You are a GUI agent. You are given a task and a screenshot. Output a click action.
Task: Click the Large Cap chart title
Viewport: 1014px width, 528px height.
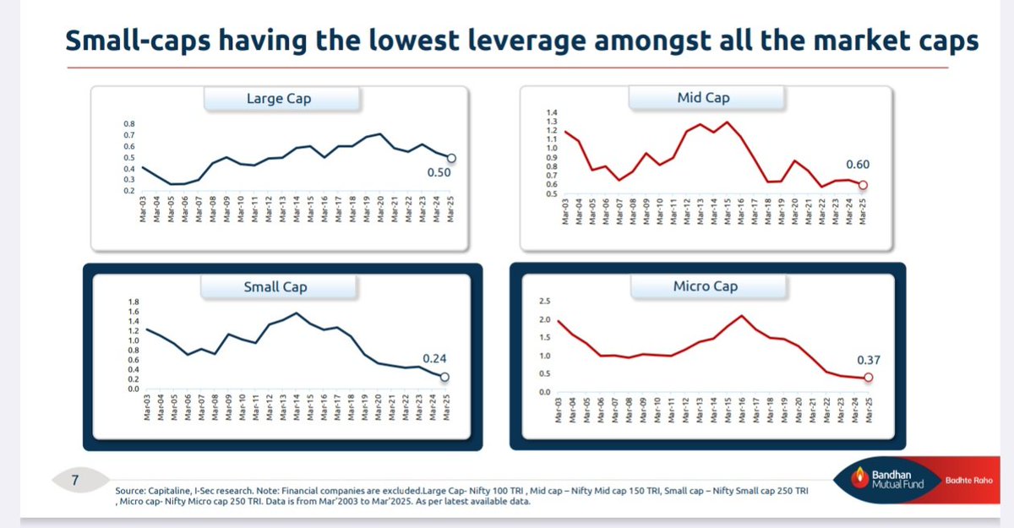tap(278, 99)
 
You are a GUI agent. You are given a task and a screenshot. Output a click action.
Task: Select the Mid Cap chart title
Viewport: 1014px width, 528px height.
tap(703, 98)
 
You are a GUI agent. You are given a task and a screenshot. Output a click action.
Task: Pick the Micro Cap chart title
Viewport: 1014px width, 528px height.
tap(705, 286)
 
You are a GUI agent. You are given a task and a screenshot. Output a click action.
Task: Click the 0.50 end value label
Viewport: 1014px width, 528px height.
tap(440, 173)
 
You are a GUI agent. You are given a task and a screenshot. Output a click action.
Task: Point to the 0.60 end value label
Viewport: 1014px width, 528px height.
tap(857, 165)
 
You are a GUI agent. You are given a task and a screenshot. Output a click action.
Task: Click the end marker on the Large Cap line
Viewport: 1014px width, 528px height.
tap(451, 158)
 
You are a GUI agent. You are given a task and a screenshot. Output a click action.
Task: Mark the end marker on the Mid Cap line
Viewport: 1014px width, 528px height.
tap(863, 186)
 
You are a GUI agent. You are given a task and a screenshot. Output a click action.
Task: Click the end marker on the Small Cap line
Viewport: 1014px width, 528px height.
tap(445, 378)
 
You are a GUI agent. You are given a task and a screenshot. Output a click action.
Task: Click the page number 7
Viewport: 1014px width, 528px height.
tap(74, 481)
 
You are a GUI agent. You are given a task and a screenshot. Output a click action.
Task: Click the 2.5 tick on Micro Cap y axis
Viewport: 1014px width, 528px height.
tap(543, 302)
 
